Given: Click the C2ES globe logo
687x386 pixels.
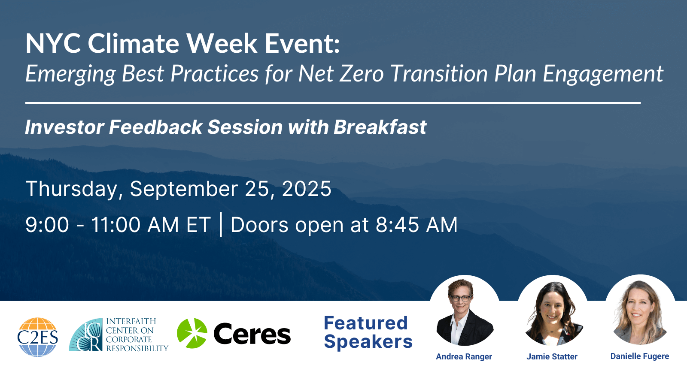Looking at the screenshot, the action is [x=38, y=337].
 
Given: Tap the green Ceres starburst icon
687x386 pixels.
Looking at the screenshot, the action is [x=192, y=333].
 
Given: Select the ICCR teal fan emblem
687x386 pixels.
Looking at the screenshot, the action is [x=86, y=335].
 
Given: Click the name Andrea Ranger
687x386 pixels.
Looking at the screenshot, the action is [x=464, y=356].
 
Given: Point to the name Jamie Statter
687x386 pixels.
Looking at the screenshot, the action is [x=552, y=356].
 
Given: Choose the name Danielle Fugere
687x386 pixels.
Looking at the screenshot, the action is [x=640, y=356].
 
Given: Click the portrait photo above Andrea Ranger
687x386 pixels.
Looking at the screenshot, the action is [x=465, y=311].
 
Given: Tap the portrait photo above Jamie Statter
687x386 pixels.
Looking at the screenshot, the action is [x=553, y=311].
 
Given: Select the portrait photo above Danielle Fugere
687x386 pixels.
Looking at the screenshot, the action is [x=640, y=310].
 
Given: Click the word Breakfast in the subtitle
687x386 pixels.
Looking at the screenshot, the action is [x=380, y=127].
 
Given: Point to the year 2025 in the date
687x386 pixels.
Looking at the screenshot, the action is [x=307, y=189].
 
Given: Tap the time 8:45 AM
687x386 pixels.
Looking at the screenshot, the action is [x=416, y=225].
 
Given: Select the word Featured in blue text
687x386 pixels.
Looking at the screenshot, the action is [x=366, y=323].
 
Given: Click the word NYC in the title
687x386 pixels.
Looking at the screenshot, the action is [x=53, y=43].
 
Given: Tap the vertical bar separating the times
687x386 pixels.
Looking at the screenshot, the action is [x=221, y=225].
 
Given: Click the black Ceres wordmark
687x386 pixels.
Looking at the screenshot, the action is [x=252, y=334].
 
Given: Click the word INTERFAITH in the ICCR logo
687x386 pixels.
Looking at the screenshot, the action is [x=131, y=321].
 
